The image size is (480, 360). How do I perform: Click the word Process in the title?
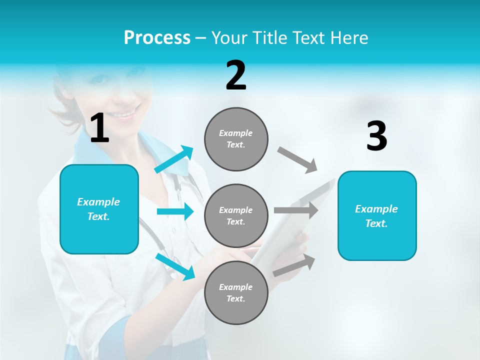coord(157,37)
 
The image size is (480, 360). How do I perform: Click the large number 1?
coord(99,128)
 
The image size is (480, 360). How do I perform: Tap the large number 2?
coord(236,75)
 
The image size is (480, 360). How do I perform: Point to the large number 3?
coord(376,136)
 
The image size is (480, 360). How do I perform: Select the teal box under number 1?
coord(99,209)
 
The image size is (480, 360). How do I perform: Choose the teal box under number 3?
coord(377,215)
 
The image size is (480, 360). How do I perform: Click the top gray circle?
coord(236,139)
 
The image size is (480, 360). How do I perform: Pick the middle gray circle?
coord(236,215)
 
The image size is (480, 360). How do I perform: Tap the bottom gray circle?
coord(236,292)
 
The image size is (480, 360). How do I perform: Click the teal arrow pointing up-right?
coord(174,159)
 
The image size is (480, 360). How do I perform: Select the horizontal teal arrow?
coord(175,211)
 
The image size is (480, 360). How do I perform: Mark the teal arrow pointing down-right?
coord(175,266)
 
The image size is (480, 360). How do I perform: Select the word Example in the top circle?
coord(236,133)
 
